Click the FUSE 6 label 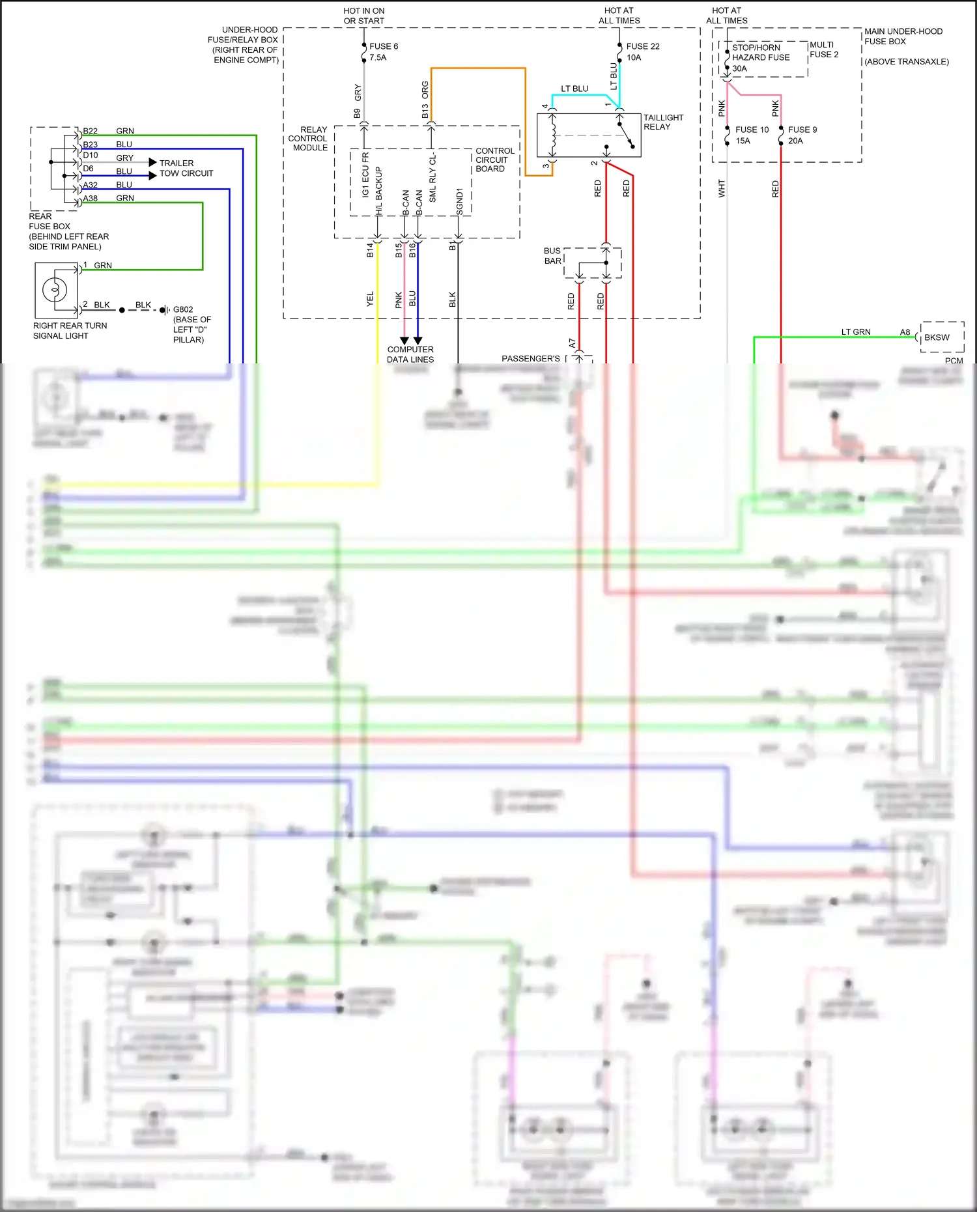point(383,47)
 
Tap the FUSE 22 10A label point(642,52)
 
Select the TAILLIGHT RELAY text point(663,122)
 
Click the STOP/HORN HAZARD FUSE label point(760,57)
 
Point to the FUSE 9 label point(802,130)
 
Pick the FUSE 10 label point(752,130)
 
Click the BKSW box point(941,337)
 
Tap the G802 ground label point(183,310)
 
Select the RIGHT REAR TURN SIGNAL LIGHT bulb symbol point(55,289)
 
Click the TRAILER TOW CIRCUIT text point(186,169)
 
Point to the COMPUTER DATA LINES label point(410,354)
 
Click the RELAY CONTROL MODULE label point(309,139)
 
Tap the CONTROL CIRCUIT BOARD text point(494,160)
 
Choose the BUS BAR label point(552,256)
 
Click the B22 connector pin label point(90,132)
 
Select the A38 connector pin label point(90,199)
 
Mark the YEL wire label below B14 point(371,299)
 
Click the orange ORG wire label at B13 point(425,91)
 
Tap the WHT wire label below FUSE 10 point(722,189)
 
